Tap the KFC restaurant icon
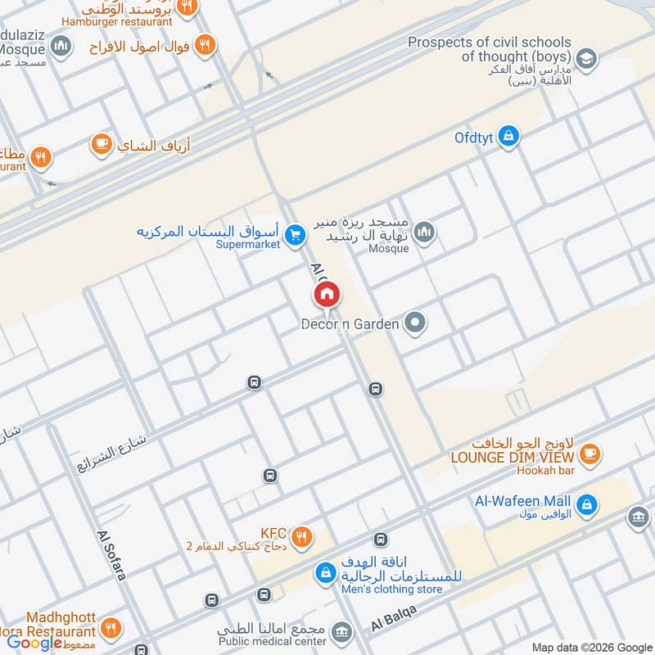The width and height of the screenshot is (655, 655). tap(302, 536)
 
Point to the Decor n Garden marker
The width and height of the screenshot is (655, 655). tap(416, 323)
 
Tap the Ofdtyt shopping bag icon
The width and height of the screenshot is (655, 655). tap(509, 137)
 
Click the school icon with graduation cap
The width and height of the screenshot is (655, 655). tap(585, 58)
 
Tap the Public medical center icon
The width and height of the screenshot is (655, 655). tap(341, 631)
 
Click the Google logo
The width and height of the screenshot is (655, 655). tap(35, 643)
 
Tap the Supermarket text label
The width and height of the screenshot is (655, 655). tap(248, 244)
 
